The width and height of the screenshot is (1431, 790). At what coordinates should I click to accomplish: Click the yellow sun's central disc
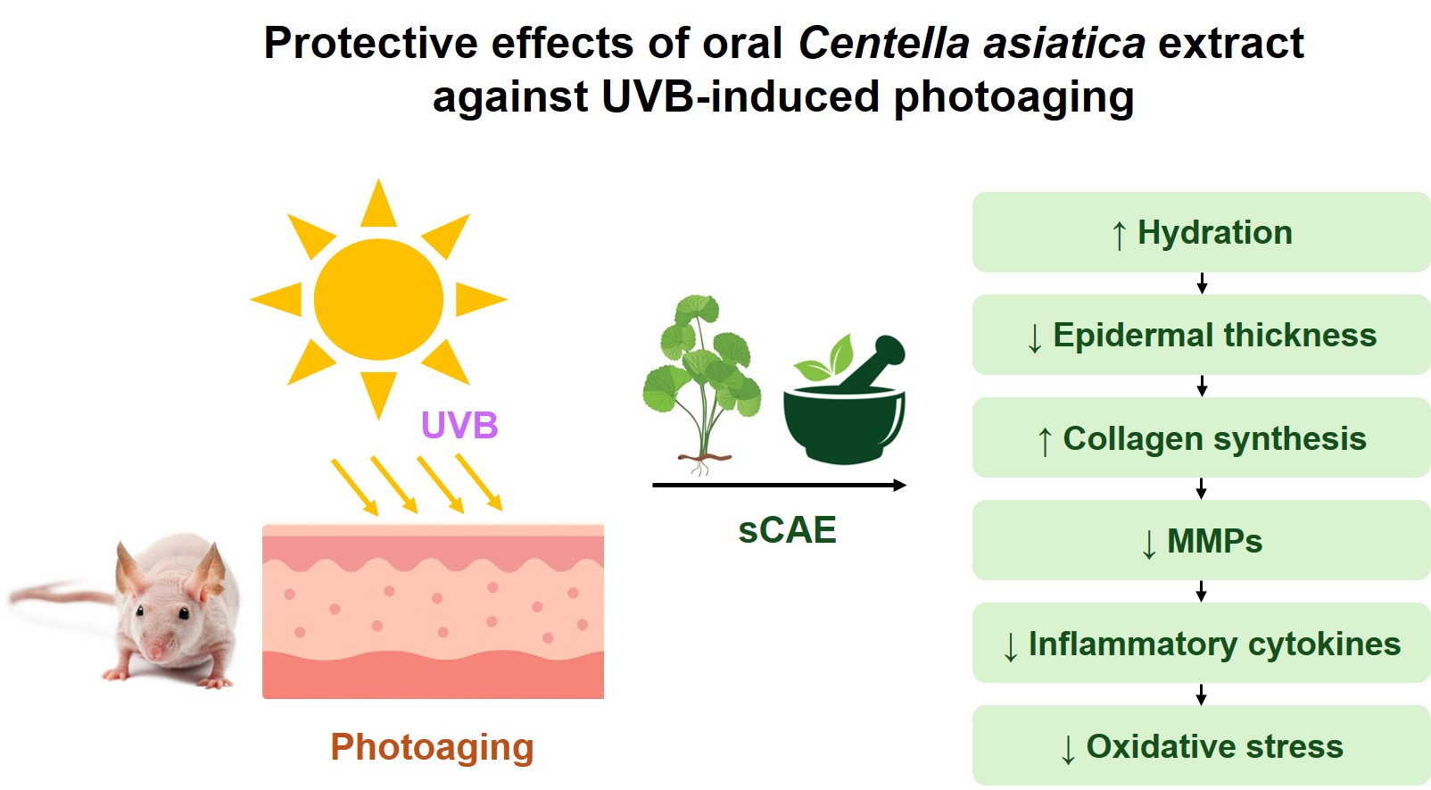click(x=378, y=299)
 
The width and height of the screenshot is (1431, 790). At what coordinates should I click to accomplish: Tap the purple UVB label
click(x=459, y=426)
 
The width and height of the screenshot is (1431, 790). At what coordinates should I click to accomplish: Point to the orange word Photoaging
click(x=432, y=747)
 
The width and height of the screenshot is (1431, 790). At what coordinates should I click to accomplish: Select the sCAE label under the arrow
click(x=787, y=530)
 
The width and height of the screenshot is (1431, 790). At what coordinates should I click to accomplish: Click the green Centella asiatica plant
click(x=702, y=375)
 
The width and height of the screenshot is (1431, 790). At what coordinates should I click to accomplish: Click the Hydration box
click(x=1201, y=232)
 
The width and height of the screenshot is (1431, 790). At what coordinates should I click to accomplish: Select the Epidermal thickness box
click(x=1201, y=335)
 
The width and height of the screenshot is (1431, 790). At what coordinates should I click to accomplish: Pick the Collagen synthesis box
click(x=1201, y=437)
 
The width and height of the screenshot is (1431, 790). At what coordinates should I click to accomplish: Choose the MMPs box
click(x=1201, y=540)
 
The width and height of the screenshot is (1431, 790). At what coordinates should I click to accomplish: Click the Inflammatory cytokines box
click(x=1201, y=643)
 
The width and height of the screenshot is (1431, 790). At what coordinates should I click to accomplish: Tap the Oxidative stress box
click(x=1201, y=745)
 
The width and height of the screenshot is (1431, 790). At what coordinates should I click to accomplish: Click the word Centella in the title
click(x=883, y=43)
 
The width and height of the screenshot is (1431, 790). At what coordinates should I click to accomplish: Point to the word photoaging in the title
click(x=1013, y=97)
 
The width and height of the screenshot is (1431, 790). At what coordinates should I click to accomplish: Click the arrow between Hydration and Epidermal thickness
click(x=1202, y=284)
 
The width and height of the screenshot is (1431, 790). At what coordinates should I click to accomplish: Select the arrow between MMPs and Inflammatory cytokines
click(x=1202, y=592)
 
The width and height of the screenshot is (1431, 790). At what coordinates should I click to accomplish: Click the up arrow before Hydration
click(x=1119, y=236)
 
